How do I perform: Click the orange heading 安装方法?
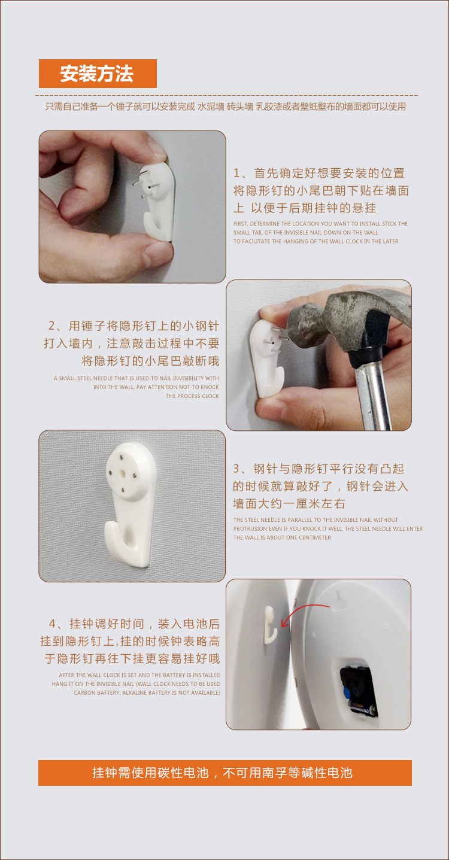pos(98,74)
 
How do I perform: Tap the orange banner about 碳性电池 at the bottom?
pos(225,773)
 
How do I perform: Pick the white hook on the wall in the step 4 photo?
pos(271,625)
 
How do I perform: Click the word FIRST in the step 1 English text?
pos(241,223)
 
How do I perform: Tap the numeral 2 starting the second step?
pos(51,326)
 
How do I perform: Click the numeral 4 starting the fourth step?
pos(52,624)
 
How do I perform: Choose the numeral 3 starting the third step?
pos(236,469)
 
